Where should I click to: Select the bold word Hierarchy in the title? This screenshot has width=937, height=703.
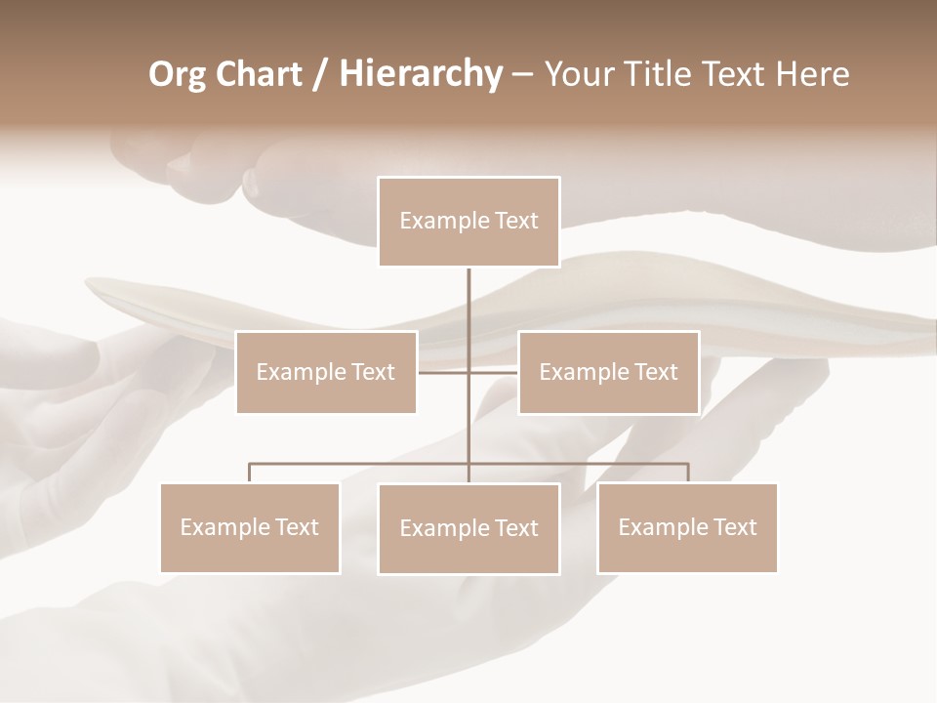pos(420,74)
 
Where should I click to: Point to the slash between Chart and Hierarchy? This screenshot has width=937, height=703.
pos(320,74)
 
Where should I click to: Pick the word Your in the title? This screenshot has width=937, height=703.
pos(574,74)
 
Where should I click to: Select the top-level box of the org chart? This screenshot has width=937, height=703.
pos(468,222)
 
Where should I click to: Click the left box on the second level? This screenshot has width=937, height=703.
pos(326,372)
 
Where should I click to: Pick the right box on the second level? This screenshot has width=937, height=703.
pos(608,372)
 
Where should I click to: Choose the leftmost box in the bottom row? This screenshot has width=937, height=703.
pos(250,527)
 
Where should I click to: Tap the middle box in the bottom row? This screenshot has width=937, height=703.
pos(468,528)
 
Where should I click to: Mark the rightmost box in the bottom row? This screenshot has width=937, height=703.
pos(687,527)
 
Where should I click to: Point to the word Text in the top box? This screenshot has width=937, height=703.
pos(516,222)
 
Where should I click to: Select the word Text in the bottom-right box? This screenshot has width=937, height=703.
pos(735,527)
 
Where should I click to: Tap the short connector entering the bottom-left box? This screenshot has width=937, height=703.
pos(250,473)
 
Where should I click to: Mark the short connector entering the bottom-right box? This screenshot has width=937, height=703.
pos(687,473)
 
